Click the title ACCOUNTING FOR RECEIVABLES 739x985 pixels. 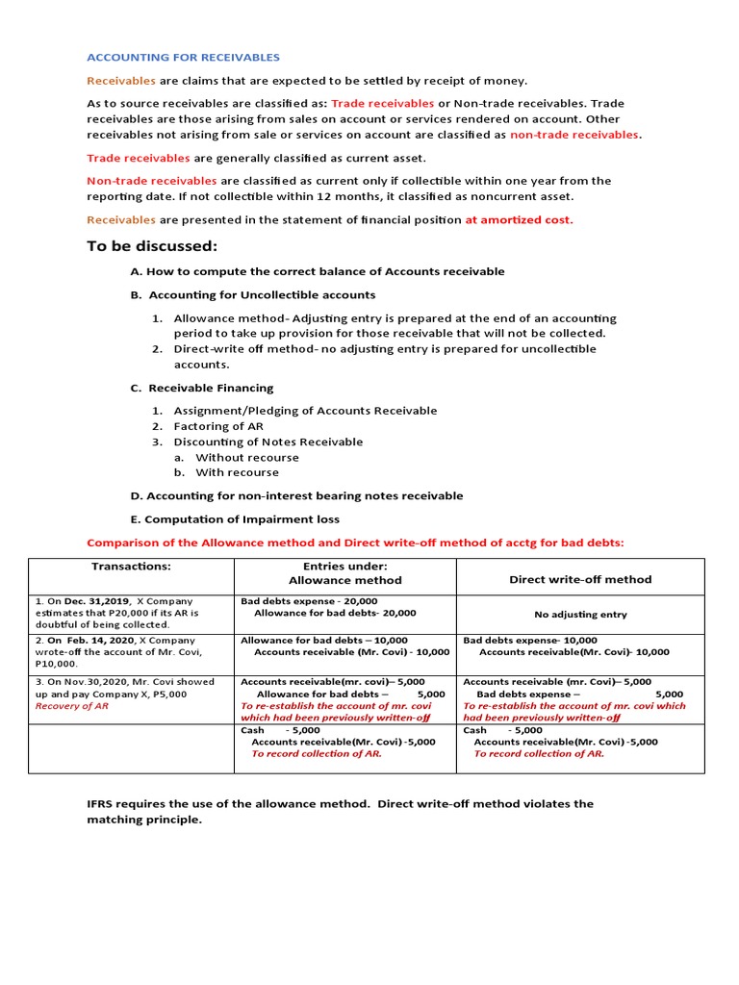(184, 58)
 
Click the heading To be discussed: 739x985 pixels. (152, 246)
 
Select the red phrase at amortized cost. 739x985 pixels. (519, 219)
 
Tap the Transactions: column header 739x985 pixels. (131, 567)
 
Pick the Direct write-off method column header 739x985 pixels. (579, 579)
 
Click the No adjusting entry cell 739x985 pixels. (579, 615)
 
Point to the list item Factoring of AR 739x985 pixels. (217, 426)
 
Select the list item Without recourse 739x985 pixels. (246, 457)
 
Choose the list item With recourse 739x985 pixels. (237, 472)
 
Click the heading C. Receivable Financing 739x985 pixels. (202, 388)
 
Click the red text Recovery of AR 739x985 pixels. (71, 705)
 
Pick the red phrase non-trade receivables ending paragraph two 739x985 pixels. (573, 135)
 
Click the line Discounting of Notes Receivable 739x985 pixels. (268, 442)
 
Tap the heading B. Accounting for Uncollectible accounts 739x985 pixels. (253, 294)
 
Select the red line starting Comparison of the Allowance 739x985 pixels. (355, 543)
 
